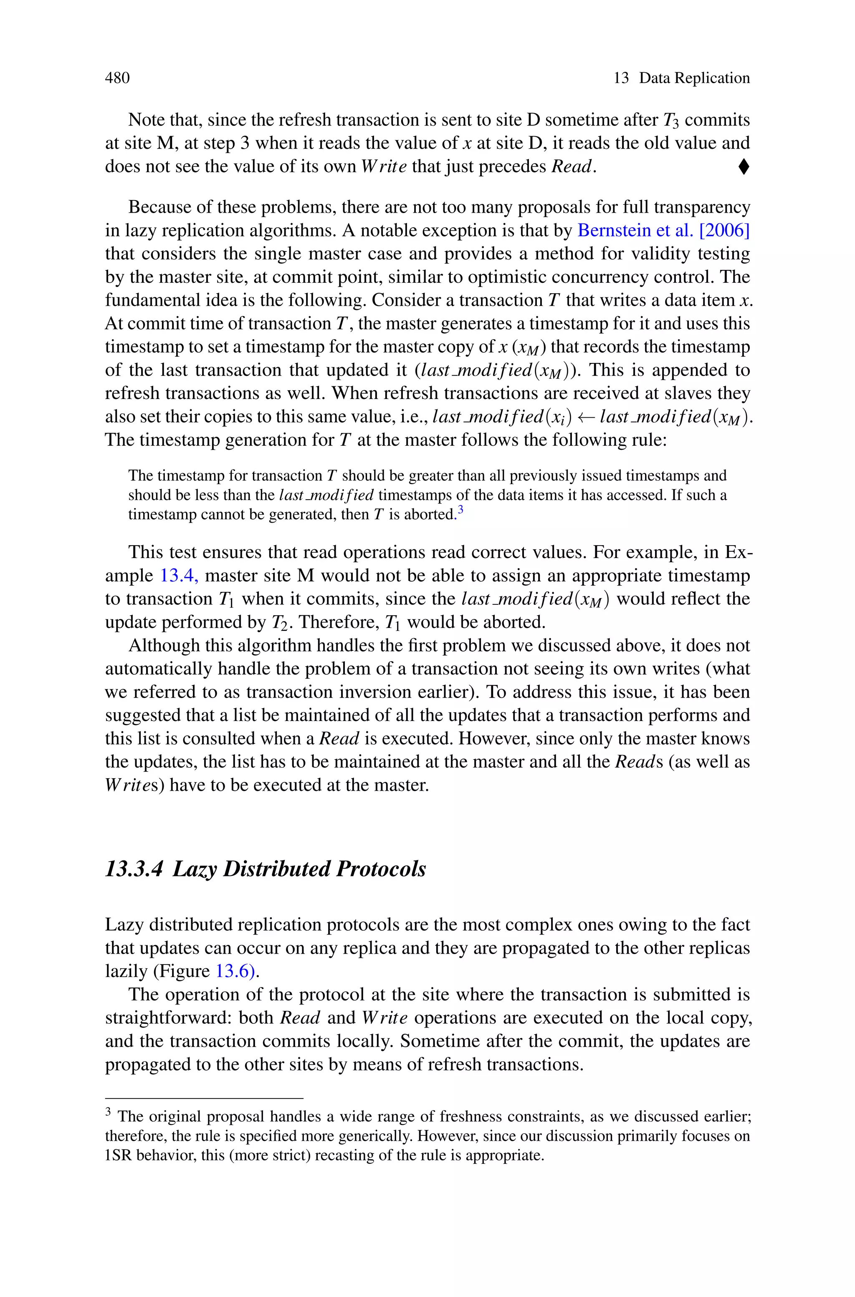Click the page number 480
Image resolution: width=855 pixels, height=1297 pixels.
(117, 78)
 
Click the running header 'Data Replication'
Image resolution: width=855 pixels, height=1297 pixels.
(694, 78)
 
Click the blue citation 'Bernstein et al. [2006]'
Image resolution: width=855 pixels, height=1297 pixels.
(663, 231)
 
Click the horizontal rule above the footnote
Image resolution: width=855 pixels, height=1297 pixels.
(203, 1098)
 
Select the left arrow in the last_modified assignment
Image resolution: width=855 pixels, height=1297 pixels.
(586, 418)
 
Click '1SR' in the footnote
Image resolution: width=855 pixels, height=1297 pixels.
(118, 1155)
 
